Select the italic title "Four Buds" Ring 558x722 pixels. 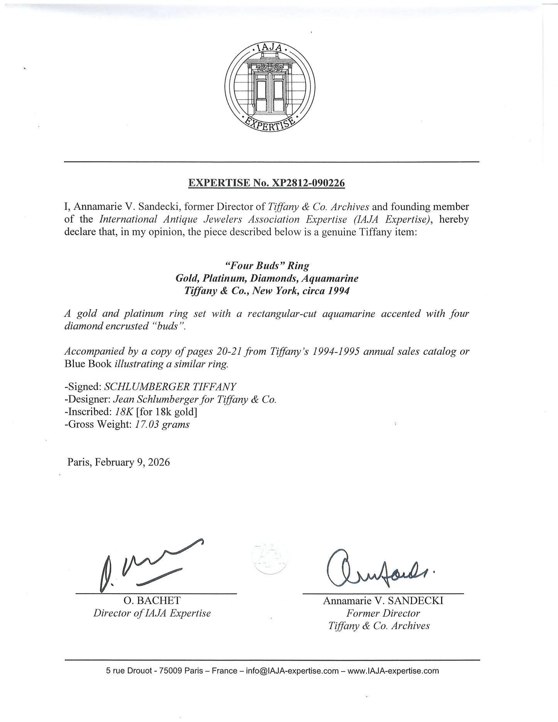pos(267,266)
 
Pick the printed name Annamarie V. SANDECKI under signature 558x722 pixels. pos(383,601)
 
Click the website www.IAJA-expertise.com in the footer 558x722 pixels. pos(393,671)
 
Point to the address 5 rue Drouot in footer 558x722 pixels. pos(129,671)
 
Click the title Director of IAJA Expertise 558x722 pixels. pos(152,613)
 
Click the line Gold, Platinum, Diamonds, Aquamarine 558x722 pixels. pos(267,278)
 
